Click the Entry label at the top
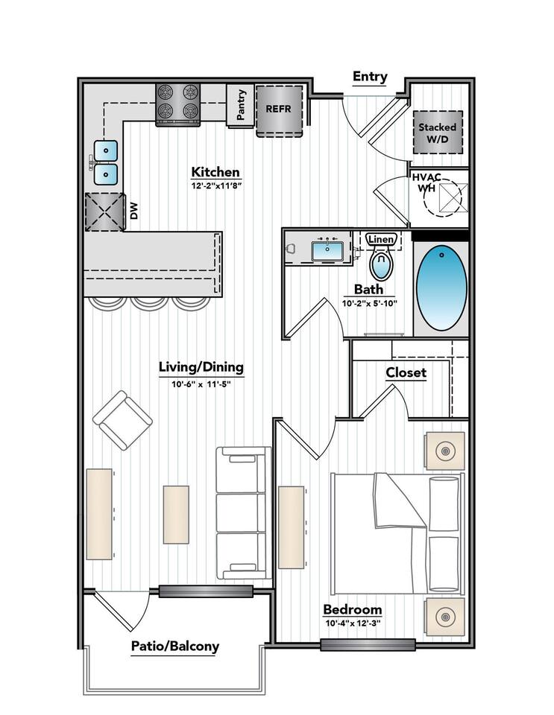tap(370, 77)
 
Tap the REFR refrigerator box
tap(280, 111)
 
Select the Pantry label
tap(241, 105)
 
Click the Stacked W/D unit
tap(438, 133)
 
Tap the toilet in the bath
tap(381, 261)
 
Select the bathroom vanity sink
tap(327, 251)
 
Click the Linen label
tap(381, 239)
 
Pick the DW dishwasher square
tap(105, 212)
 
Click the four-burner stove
tap(178, 104)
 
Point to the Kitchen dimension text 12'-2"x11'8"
tap(215, 185)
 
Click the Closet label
tap(406, 372)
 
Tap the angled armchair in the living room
tap(122, 420)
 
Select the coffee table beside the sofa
tap(176, 515)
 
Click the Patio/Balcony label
tap(175, 646)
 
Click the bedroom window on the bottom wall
tap(368, 644)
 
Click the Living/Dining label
tap(201, 367)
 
